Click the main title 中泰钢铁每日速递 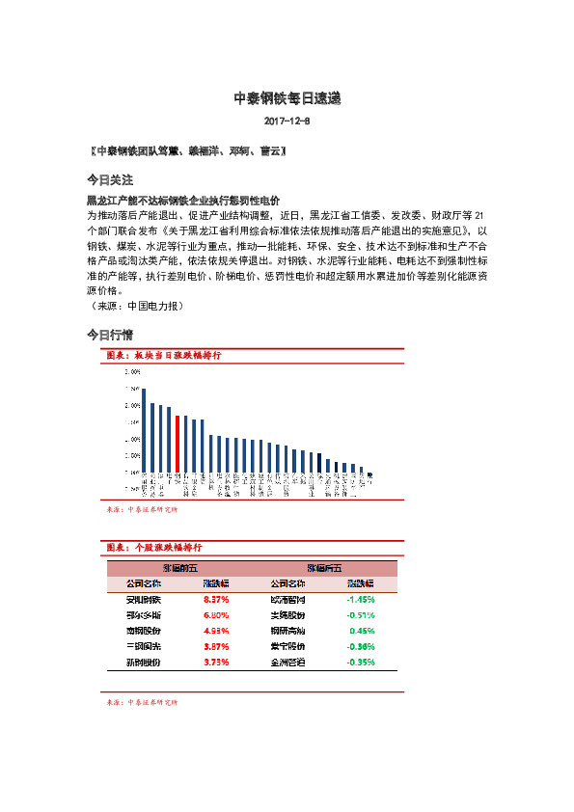(287, 98)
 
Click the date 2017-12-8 (287, 122)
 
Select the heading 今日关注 (109, 180)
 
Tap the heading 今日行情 (109, 335)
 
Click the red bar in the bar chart (178, 444)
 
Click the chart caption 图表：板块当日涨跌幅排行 (163, 356)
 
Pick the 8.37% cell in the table (215, 599)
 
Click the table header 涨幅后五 (324, 568)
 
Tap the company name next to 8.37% (144, 599)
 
